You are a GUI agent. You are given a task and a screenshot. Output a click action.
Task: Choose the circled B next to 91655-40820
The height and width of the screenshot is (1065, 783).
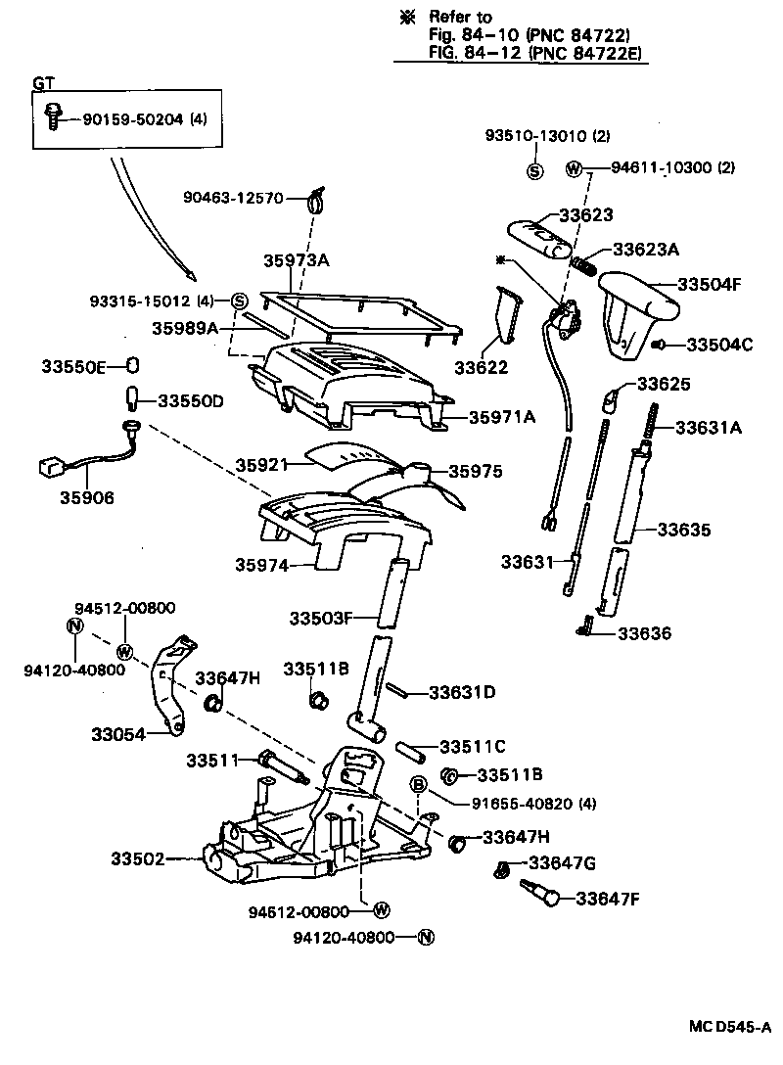point(418,785)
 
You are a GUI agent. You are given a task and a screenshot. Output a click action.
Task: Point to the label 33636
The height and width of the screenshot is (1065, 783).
point(644,633)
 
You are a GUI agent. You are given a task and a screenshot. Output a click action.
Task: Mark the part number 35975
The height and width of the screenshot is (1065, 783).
point(476,472)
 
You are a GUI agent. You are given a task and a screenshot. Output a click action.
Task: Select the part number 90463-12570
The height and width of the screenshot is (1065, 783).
point(233,198)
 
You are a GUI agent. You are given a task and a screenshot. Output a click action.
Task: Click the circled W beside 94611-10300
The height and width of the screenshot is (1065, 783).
point(575,168)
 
